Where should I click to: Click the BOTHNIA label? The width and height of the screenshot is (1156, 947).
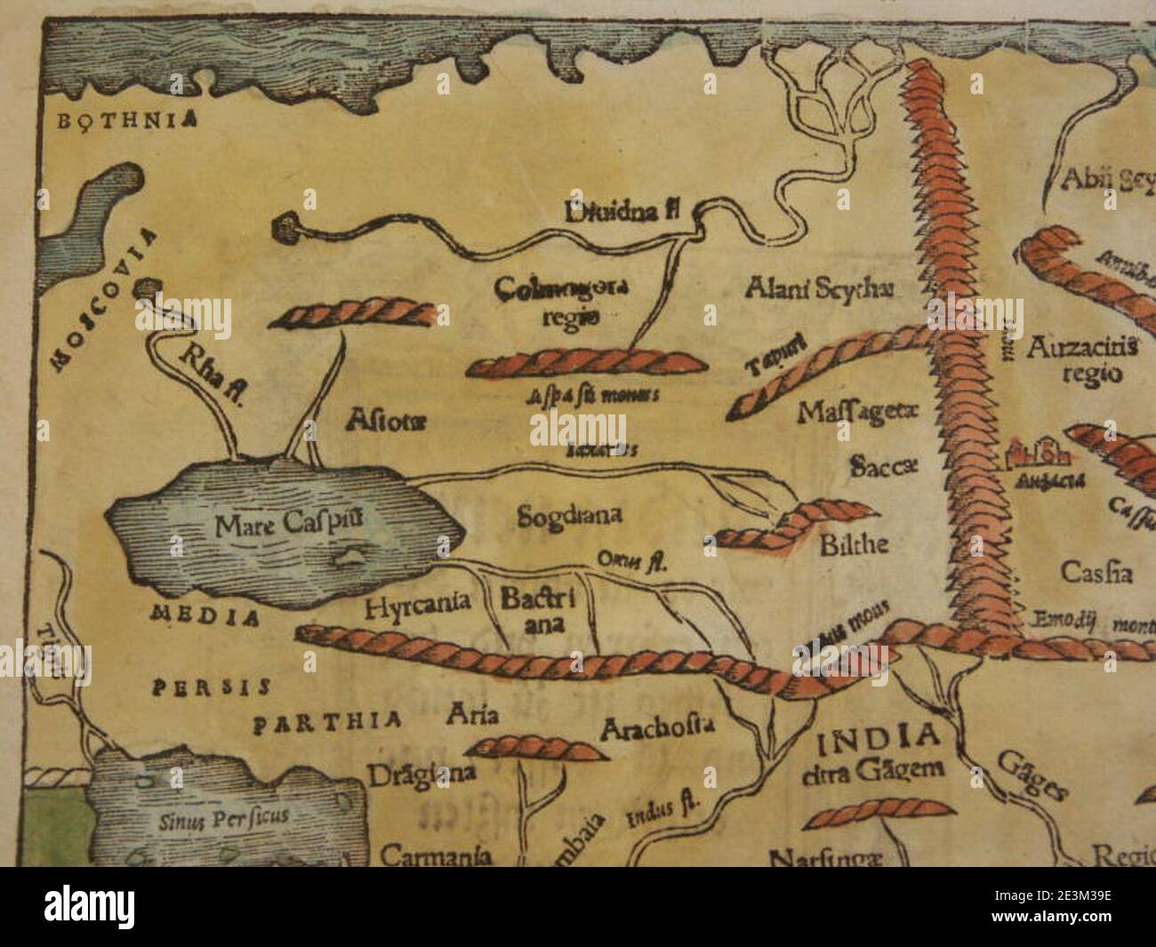127,123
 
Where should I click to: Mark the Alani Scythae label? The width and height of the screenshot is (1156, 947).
819,287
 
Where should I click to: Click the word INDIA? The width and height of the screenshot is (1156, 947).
879,736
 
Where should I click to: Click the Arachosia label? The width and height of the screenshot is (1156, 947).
658,729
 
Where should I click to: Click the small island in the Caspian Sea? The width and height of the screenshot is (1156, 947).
348,557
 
